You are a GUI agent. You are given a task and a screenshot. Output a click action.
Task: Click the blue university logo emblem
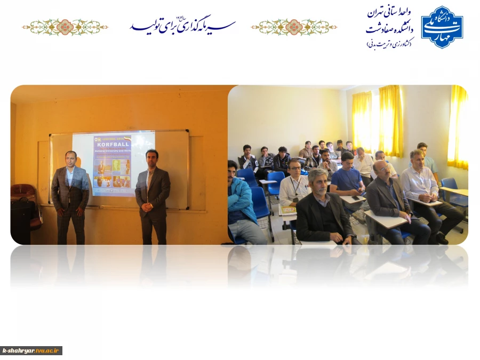(x=442, y=27)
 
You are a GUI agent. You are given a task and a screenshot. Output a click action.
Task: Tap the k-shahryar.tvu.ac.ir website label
(x=31, y=350)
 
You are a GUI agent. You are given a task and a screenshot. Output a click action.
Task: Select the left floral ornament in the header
(x=65, y=27)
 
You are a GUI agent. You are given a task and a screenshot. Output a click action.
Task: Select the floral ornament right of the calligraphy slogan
(x=294, y=27)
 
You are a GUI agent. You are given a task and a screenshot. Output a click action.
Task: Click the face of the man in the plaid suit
(x=71, y=159)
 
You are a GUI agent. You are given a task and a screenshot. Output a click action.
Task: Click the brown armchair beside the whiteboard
(x=23, y=200)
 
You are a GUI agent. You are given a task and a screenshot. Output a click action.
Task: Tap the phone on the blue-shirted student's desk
(x=355, y=198)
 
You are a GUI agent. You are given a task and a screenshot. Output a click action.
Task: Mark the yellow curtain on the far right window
(x=458, y=128)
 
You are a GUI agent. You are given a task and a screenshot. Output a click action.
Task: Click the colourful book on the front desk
(x=289, y=210)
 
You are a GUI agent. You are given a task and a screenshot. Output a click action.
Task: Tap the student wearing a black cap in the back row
(x=307, y=150)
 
